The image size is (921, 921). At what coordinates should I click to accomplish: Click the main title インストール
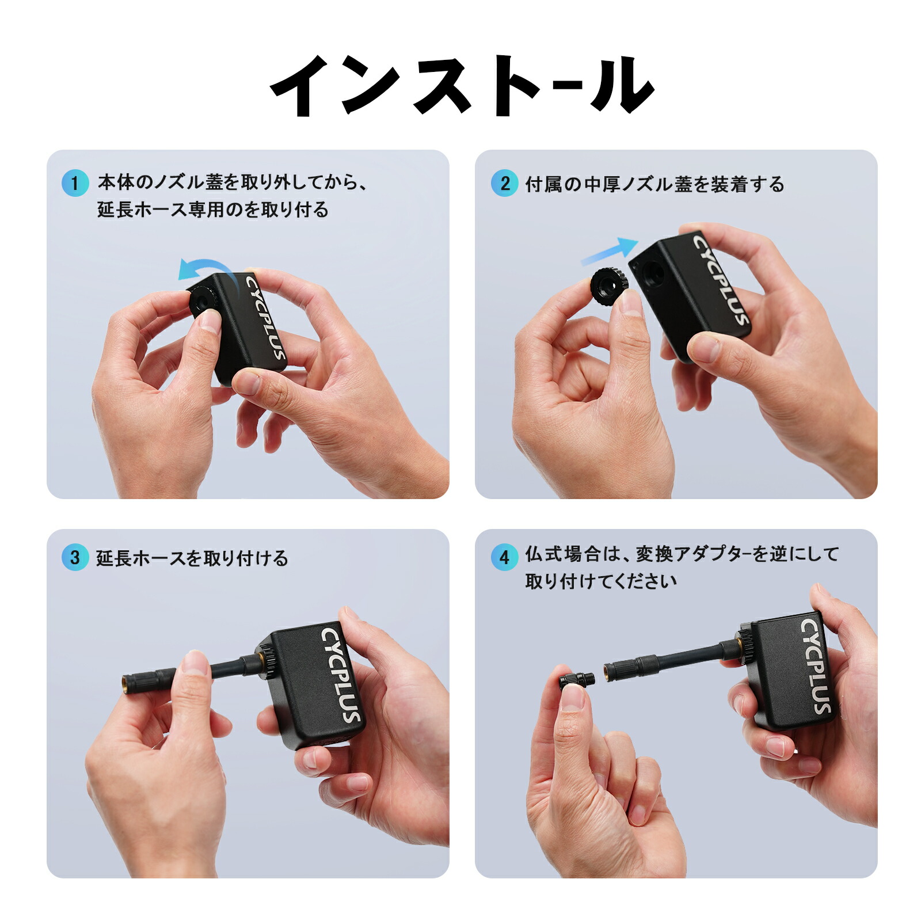(461, 86)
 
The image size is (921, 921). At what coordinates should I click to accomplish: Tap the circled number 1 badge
(75, 183)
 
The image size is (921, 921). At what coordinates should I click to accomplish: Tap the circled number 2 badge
(504, 183)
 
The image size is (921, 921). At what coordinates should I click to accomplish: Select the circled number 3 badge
(75, 557)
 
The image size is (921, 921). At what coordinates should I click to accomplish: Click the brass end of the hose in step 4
(607, 669)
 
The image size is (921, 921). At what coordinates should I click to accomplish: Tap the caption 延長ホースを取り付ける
(192, 558)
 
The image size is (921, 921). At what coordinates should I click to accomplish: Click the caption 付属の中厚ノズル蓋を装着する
(654, 184)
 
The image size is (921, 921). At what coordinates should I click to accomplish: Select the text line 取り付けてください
(600, 581)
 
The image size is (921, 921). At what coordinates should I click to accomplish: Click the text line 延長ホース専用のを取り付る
(213, 209)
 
